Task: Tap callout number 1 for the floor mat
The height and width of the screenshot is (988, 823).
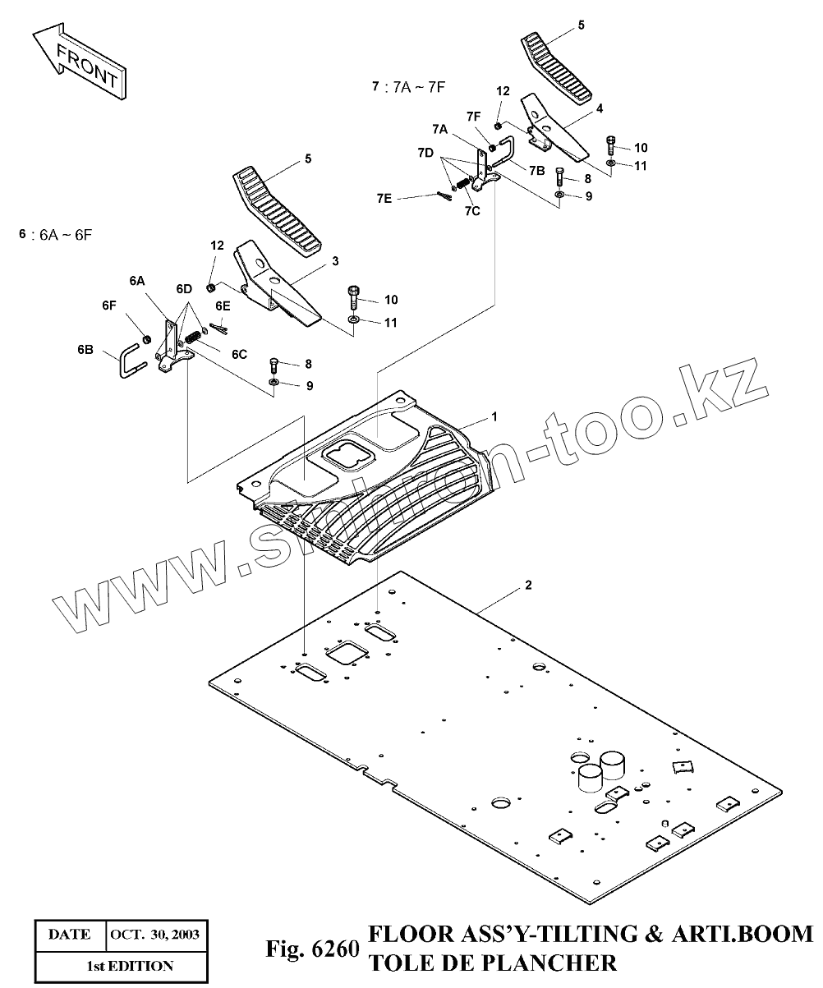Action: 494,417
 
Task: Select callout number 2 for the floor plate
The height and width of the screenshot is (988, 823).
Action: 528,586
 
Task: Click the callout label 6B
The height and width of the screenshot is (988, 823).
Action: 85,350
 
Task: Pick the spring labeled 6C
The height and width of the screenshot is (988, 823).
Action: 195,336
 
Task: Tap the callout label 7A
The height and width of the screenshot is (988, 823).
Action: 439,130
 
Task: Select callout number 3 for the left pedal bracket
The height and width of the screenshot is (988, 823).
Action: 335,261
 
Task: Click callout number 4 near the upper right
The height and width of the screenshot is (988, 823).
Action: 600,108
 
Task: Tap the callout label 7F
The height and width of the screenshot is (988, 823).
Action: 473,117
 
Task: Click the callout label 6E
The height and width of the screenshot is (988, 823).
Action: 223,306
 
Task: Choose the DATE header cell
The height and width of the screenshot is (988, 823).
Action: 70,935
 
